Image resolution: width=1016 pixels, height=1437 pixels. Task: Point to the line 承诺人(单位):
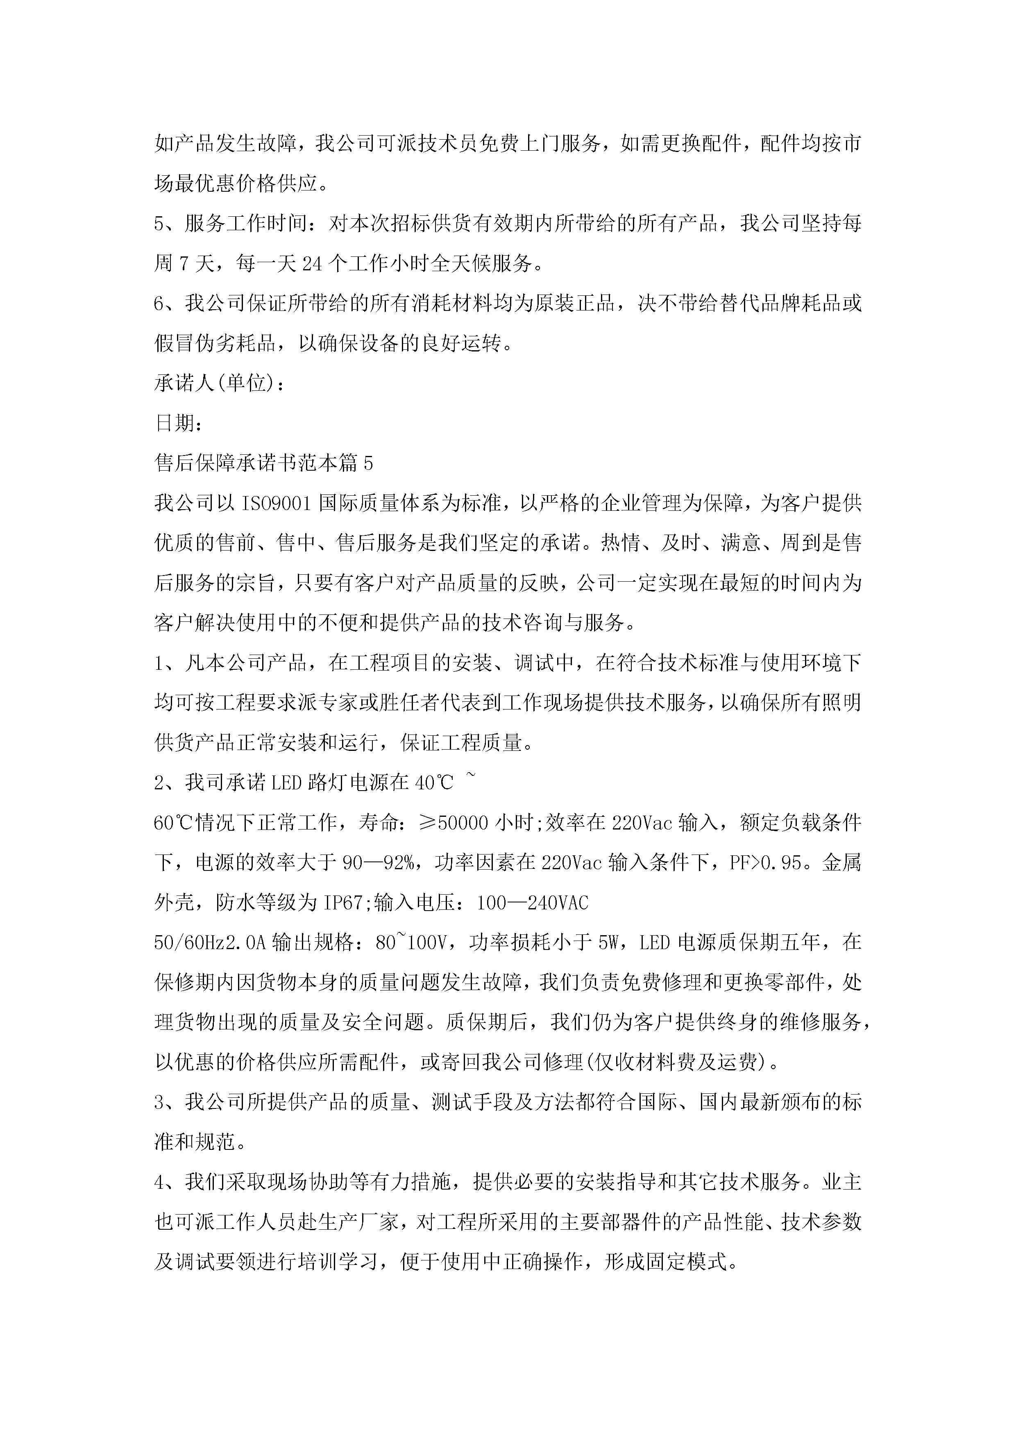pos(220,383)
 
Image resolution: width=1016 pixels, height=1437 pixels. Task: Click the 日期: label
pos(178,423)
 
